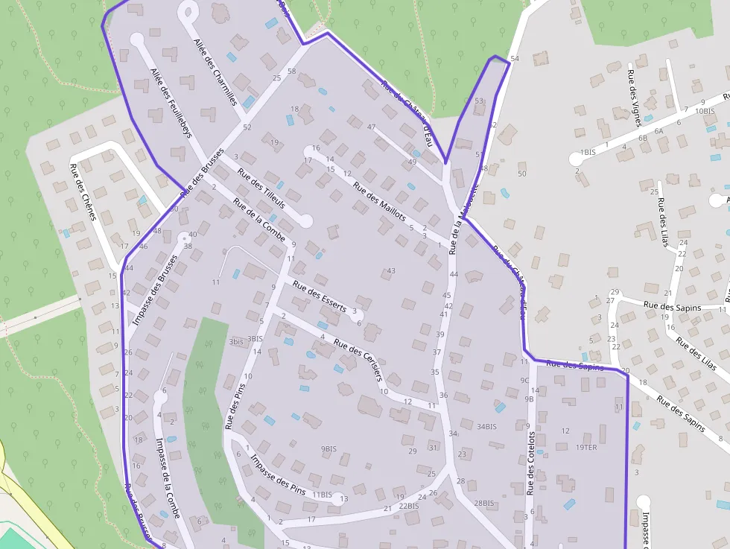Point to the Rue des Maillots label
point(379,202)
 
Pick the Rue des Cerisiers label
point(358,359)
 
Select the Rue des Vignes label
point(634,92)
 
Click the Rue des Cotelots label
point(531,463)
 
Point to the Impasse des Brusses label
point(155,291)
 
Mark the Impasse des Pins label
point(277,475)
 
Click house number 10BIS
point(704,111)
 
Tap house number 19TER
point(585,448)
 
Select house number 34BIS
point(486,427)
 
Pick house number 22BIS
point(408,506)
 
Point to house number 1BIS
point(588,152)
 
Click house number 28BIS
point(483,504)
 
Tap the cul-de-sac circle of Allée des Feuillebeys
point(136,39)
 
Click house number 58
point(291,72)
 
